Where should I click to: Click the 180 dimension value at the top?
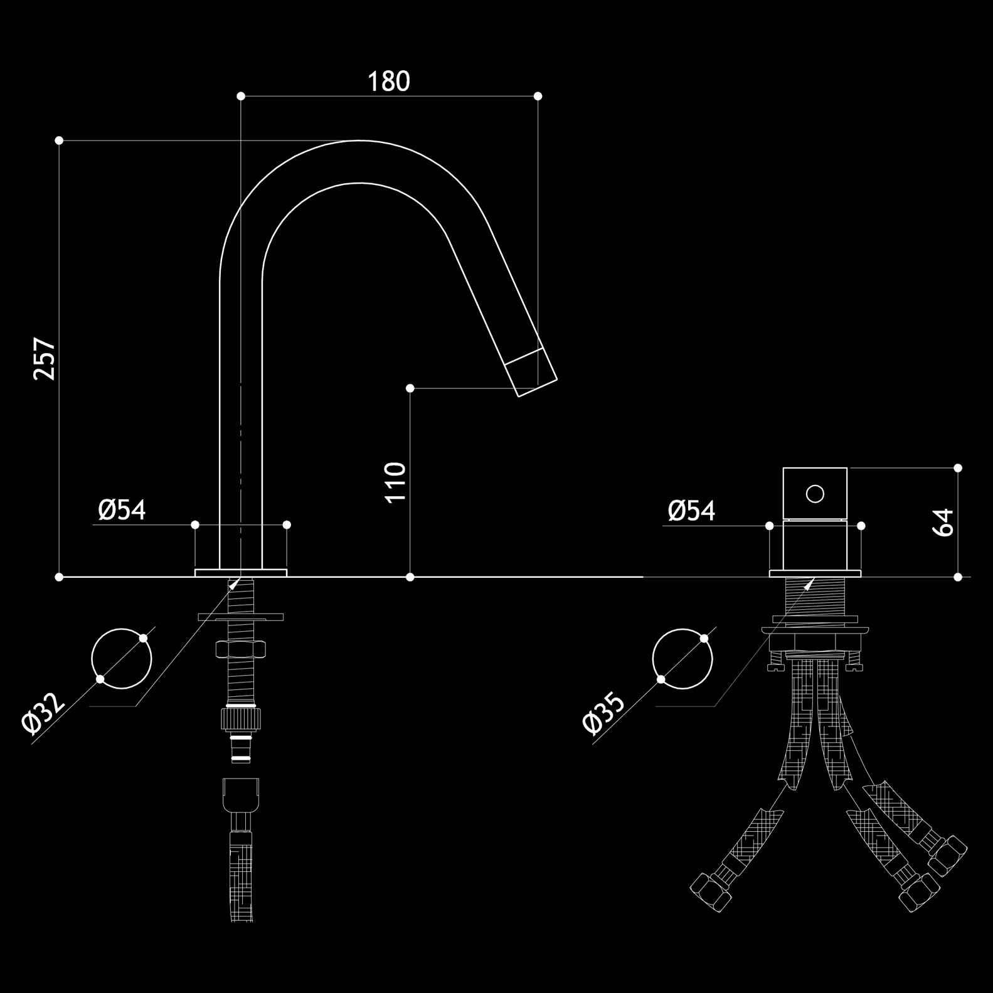[388, 82]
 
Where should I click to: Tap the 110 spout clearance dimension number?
[396, 482]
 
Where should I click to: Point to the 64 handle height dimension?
[943, 522]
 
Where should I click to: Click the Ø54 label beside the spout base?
[122, 510]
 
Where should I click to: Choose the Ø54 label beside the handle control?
[691, 511]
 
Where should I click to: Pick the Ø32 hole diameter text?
[43, 713]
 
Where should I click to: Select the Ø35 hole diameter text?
[603, 713]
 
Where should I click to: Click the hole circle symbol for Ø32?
[122, 659]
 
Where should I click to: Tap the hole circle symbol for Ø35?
[682, 659]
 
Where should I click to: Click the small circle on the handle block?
[815, 494]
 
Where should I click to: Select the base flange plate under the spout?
[241, 573]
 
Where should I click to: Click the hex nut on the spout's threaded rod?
[241, 649]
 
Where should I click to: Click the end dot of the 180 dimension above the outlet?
[538, 96]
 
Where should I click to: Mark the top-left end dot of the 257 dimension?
[59, 141]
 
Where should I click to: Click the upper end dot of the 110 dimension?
[410, 389]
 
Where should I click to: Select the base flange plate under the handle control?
[815, 573]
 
